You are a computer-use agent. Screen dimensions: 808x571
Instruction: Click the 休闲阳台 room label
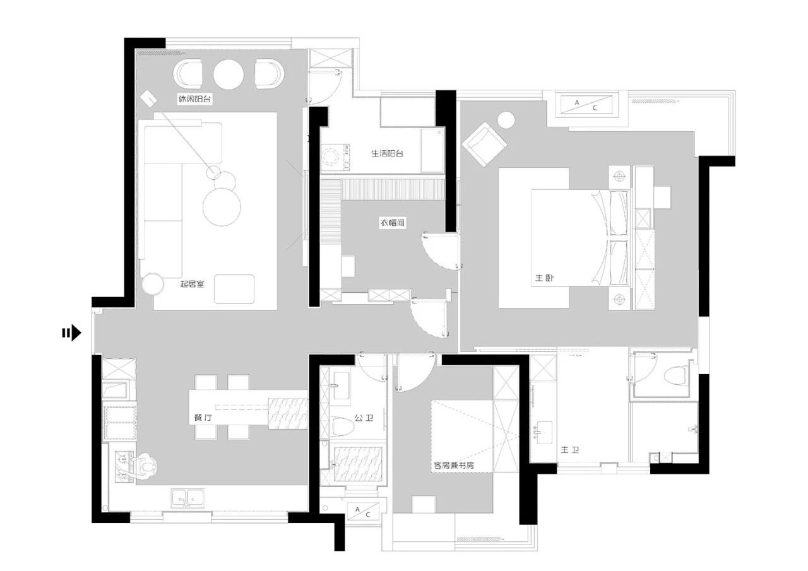tap(194, 99)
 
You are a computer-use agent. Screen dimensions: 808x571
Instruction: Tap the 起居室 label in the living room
tap(192, 284)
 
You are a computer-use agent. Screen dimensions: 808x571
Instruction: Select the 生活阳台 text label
tap(388, 153)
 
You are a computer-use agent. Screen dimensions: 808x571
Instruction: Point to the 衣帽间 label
tap(393, 223)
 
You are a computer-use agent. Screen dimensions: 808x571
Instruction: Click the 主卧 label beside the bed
tap(544, 278)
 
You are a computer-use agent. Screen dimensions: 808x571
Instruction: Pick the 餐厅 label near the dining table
tap(203, 418)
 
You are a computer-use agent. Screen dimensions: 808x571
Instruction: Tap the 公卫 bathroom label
tap(364, 418)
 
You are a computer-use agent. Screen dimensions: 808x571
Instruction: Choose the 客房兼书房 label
tap(454, 465)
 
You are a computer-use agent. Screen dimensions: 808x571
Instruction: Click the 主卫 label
tap(570, 449)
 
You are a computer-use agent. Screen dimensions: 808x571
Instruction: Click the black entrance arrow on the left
tap(72, 333)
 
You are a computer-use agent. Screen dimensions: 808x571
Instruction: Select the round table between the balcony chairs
tap(229, 74)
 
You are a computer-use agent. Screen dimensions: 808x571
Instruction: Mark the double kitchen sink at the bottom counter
tap(187, 498)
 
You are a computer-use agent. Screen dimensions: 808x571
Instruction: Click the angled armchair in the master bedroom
tap(484, 143)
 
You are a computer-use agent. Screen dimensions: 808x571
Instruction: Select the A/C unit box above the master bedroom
tap(586, 105)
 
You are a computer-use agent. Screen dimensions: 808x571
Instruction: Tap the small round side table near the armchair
tap(506, 120)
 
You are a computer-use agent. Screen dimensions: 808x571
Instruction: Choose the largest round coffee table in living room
tap(222, 208)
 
